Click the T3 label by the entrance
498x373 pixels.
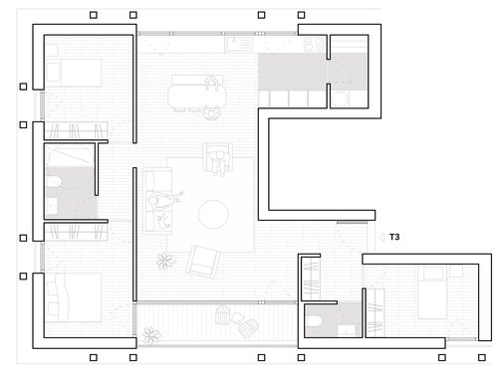(x=395, y=237)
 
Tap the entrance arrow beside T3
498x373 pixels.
(x=380, y=237)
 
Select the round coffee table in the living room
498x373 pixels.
(x=213, y=213)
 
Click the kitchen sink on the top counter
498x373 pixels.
(x=239, y=45)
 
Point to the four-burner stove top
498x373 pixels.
(x=310, y=45)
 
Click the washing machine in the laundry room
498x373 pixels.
(x=341, y=97)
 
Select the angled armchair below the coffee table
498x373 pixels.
(x=202, y=262)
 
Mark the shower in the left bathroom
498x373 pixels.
(x=69, y=159)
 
